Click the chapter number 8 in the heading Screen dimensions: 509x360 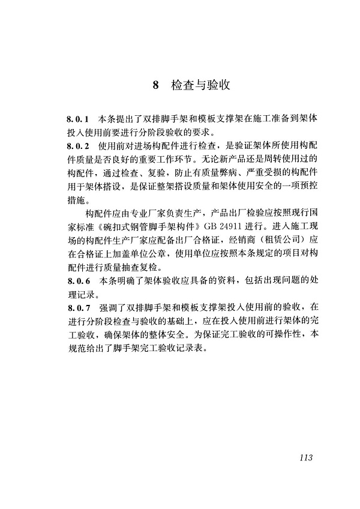155,85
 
